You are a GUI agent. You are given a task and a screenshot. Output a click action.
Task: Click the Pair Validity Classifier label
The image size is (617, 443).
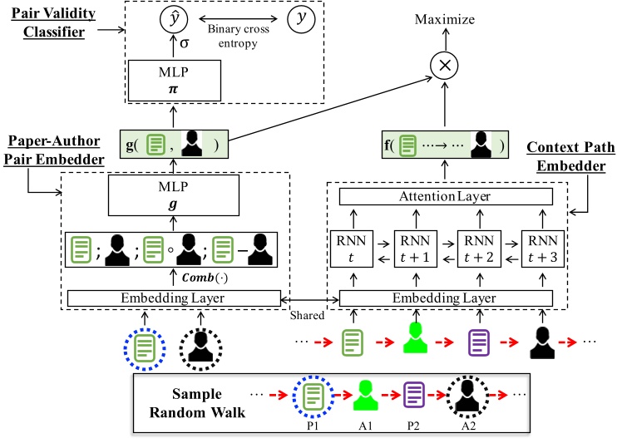[53, 23]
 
